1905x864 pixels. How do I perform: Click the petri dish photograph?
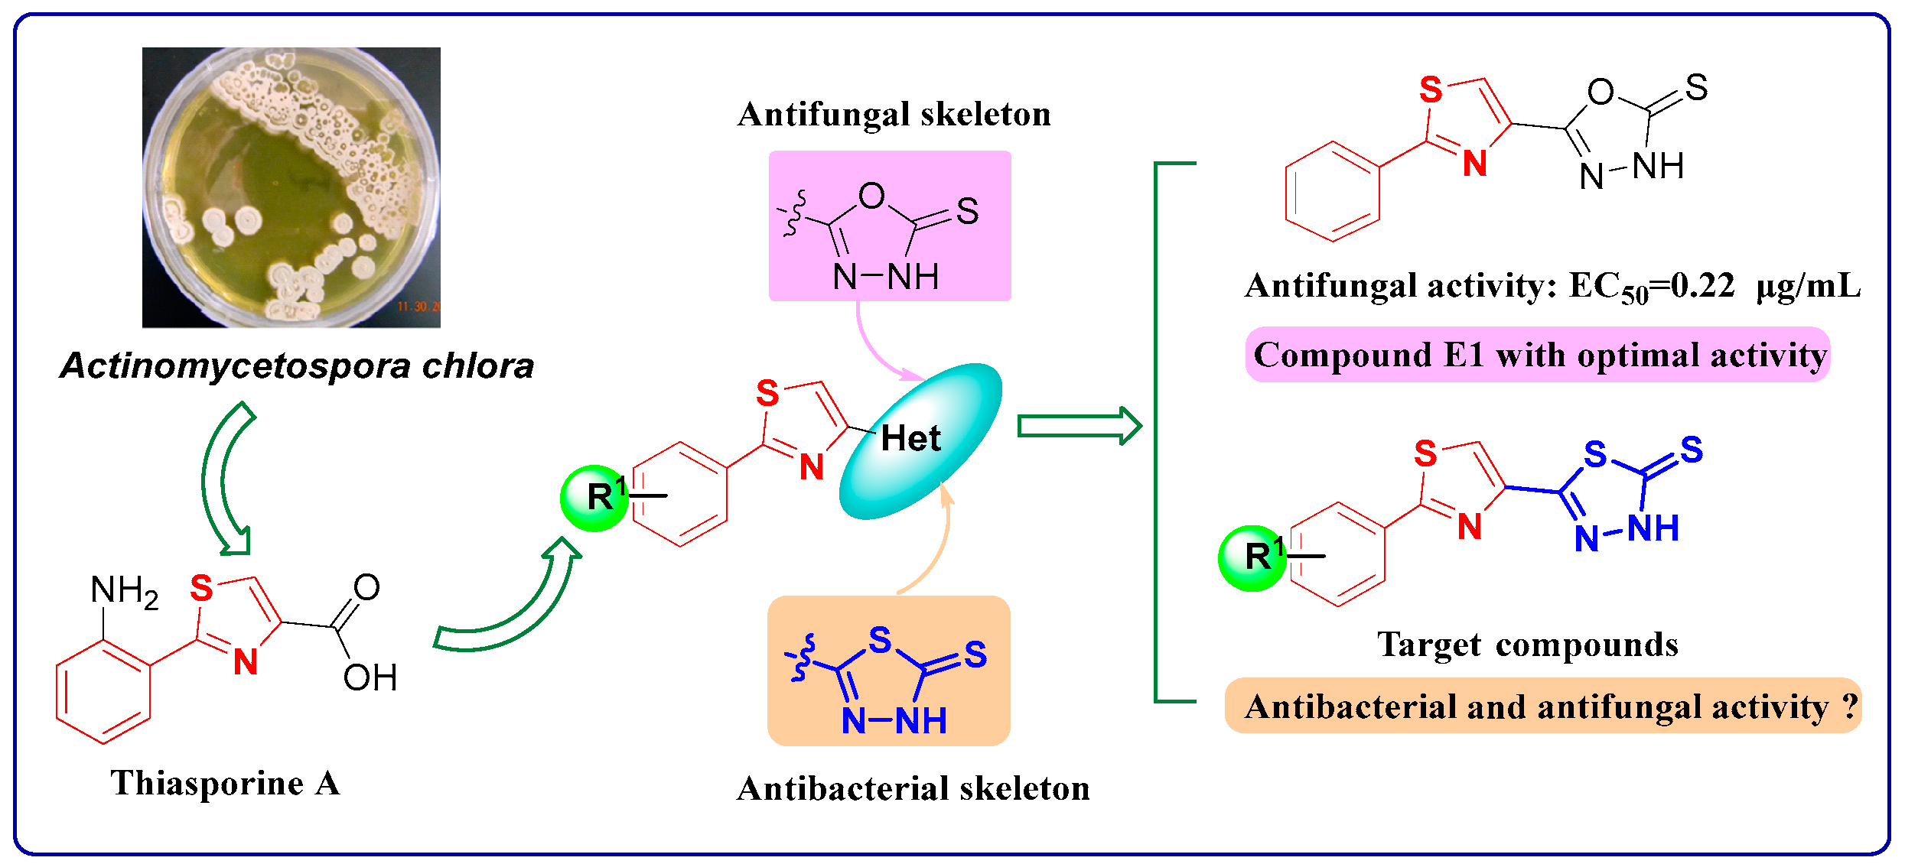click(291, 187)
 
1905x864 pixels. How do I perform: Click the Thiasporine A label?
click(225, 783)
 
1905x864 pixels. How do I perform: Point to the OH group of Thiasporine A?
click(370, 677)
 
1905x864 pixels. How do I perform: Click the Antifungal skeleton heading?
click(894, 115)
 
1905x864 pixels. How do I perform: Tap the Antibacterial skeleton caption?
click(913, 788)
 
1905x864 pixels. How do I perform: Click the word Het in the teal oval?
click(910, 439)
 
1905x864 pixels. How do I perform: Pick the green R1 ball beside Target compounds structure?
click(1252, 558)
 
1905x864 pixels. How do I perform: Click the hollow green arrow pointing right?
click(1079, 426)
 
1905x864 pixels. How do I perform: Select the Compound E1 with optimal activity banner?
click(1538, 355)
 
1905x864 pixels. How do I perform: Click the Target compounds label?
click(1527, 645)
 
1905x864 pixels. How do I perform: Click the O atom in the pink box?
click(871, 197)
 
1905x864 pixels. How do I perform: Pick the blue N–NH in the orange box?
click(894, 720)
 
